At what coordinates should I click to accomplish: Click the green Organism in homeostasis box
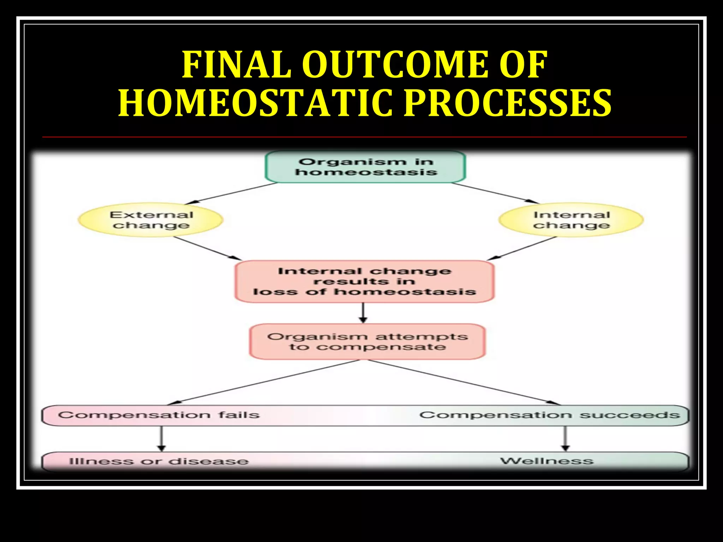(365, 167)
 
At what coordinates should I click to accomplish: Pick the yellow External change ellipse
(151, 220)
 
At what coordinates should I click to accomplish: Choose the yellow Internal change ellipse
(571, 220)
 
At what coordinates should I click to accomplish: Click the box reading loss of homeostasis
(364, 282)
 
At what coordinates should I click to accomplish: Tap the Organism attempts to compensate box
(367, 342)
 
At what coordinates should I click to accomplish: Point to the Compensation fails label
(159, 415)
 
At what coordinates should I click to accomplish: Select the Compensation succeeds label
(549, 415)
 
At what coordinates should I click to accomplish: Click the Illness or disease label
(159, 461)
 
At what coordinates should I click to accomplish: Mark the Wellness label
(546, 461)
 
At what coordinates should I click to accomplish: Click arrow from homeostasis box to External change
(231, 193)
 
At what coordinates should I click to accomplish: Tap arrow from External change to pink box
(207, 248)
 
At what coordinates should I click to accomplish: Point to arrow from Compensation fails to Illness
(161, 438)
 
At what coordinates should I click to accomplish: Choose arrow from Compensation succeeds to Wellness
(565, 438)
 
